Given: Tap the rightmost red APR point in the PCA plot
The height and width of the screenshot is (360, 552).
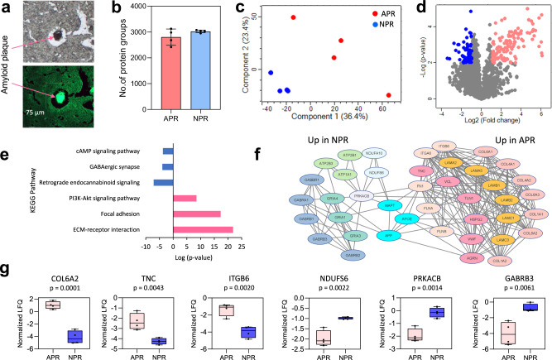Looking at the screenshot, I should point(388,94).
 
